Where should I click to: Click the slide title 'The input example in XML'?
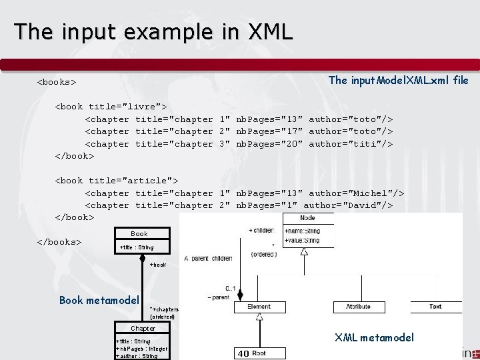click(x=153, y=31)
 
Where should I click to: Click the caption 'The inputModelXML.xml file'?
click(x=399, y=81)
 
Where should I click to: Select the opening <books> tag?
click(x=56, y=83)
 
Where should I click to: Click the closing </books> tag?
click(x=59, y=241)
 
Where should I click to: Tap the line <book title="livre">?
click(x=110, y=107)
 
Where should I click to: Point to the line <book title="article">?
click(x=116, y=181)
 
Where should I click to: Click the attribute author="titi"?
click(x=351, y=144)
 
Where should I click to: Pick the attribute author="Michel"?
click(x=357, y=193)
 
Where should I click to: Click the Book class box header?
click(x=139, y=234)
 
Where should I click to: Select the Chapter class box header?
click(x=143, y=329)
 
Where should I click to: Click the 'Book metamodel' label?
click(x=99, y=300)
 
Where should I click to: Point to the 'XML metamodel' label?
click(x=374, y=337)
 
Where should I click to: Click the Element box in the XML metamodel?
click(x=259, y=307)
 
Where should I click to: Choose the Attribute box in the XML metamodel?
click(x=359, y=307)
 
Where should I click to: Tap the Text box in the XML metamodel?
click(x=435, y=307)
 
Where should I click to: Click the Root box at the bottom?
click(x=259, y=353)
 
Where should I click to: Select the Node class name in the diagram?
click(x=307, y=218)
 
